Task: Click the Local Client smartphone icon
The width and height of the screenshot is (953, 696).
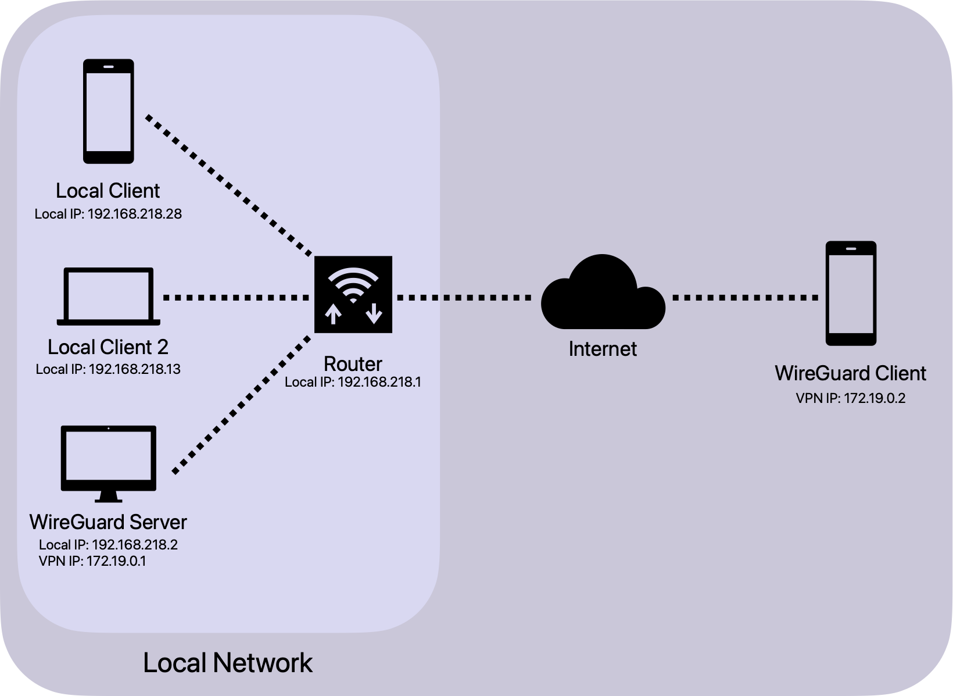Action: click(109, 111)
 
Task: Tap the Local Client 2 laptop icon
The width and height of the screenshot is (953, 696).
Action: click(109, 296)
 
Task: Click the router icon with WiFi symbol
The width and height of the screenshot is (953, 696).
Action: click(353, 294)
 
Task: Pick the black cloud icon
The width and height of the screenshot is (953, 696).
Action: click(603, 294)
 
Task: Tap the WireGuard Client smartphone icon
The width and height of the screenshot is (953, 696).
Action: click(851, 294)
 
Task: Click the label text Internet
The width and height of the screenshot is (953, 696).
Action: click(603, 349)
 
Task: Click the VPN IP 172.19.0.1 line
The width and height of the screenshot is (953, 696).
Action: click(92, 561)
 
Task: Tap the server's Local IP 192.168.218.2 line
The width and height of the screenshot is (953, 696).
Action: click(108, 545)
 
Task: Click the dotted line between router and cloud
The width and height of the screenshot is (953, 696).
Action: click(464, 297)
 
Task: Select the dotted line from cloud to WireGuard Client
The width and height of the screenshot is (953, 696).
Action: click(745, 297)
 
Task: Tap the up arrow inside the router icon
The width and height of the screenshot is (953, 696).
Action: click(333, 314)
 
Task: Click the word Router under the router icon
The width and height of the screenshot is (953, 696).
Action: click(353, 364)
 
